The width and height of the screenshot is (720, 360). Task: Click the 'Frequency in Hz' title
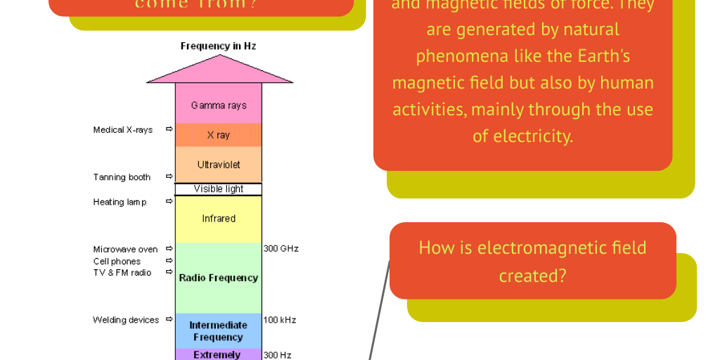(218, 46)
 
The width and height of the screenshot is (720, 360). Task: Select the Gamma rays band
(219, 104)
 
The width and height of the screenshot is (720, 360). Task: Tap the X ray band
(219, 135)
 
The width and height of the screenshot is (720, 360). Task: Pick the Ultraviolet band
(219, 165)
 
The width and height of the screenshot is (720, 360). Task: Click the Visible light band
(219, 189)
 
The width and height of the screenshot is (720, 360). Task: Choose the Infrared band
(219, 219)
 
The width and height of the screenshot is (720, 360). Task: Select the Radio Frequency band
(219, 278)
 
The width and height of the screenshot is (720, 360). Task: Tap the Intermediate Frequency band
(219, 330)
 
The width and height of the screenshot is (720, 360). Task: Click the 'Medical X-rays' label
(123, 130)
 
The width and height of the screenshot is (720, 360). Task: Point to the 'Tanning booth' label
(122, 177)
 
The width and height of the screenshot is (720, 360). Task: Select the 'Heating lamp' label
(120, 202)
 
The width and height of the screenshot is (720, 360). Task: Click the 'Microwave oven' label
(125, 250)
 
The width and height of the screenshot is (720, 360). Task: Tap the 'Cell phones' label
(117, 262)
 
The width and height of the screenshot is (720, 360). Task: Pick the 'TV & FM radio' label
(122, 273)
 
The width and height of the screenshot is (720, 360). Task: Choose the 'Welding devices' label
(126, 320)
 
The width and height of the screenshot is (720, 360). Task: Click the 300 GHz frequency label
(281, 249)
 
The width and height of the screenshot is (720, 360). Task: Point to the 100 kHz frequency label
(279, 320)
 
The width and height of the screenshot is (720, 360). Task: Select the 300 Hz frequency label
(277, 355)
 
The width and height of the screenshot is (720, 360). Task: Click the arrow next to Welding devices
(169, 319)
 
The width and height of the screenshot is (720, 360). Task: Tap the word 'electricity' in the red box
(532, 136)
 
